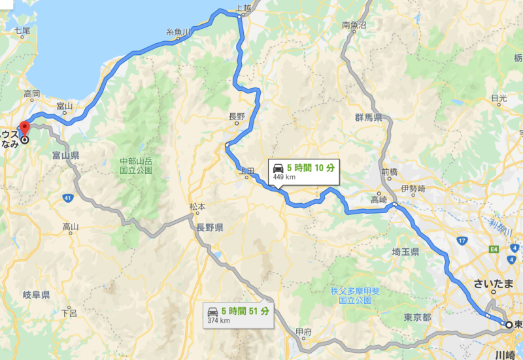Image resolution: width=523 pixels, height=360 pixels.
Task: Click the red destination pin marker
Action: pos(24,127)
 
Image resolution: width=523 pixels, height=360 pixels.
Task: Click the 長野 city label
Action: pos(236,117)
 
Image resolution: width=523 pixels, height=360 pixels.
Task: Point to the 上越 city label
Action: pos(243,8)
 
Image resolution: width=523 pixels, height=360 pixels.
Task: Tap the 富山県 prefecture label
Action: pos(65,155)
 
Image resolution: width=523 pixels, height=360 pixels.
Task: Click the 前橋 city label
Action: pos(388,172)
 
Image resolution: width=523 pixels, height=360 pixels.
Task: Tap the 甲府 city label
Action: pos(303,331)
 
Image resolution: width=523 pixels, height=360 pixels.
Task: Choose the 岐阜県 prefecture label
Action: pos(36,295)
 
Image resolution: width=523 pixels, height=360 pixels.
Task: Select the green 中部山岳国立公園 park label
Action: pos(135,165)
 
